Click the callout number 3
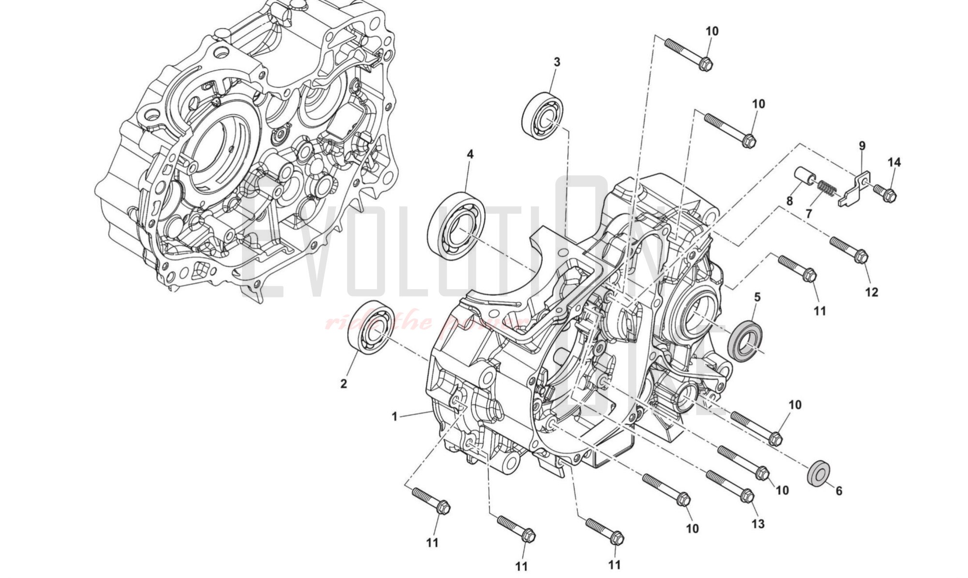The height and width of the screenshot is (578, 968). [x=557, y=62]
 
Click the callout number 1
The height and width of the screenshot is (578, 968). [x=394, y=416]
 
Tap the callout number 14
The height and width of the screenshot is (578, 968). [x=894, y=162]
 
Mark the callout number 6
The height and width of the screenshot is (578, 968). [x=839, y=491]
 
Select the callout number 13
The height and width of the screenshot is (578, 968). [x=757, y=523]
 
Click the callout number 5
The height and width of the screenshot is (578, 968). [x=757, y=297]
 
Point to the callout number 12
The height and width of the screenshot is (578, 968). [x=871, y=292]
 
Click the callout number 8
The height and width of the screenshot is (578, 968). [x=789, y=200]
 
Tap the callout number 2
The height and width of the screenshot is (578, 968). [x=344, y=384]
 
